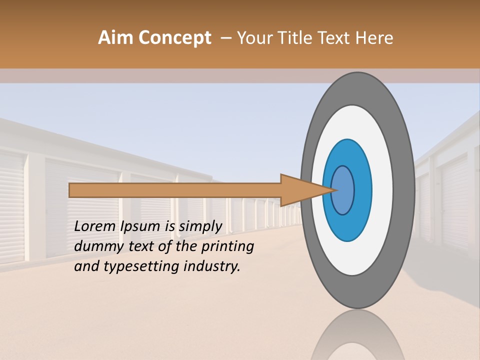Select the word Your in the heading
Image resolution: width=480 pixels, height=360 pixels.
253,38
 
